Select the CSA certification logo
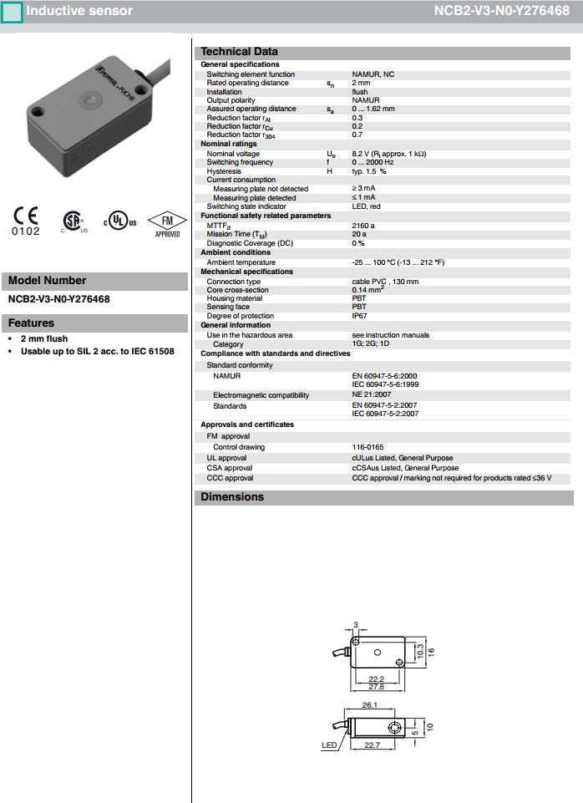(74, 221)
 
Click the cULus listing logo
(119, 221)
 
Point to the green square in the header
(13, 13)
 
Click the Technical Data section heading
(239, 52)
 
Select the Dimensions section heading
(232, 497)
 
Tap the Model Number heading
(47, 281)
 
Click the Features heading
(31, 323)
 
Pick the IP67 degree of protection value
(359, 316)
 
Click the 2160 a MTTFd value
(363, 226)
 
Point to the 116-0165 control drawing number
(368, 447)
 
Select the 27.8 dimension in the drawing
(376, 686)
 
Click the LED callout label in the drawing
(330, 745)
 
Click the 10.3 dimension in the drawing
(420, 649)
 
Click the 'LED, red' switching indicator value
(367, 206)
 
